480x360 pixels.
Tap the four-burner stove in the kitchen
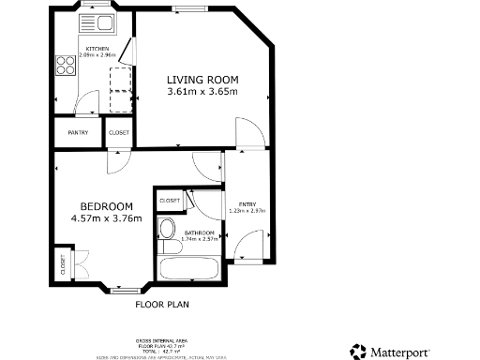click(67, 65)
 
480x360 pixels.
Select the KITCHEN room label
click(97, 49)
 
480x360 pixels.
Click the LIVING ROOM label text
click(202, 79)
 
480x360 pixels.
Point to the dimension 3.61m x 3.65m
click(202, 92)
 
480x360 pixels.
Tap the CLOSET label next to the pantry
click(119, 133)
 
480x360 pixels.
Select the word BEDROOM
click(106, 206)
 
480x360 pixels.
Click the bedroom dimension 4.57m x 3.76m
click(106, 219)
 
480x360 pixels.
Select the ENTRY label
click(247, 203)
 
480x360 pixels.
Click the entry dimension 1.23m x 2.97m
click(247, 211)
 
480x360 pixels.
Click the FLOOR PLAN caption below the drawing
click(162, 305)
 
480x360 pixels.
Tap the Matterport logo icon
click(359, 352)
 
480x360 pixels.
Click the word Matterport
click(405, 352)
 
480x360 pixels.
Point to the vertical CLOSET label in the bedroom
click(63, 264)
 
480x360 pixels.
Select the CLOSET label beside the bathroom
click(170, 200)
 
